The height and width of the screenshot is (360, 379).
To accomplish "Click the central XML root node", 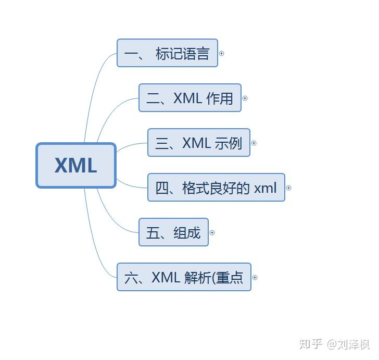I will click(76, 165).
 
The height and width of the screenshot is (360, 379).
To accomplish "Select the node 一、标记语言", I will click(167, 53).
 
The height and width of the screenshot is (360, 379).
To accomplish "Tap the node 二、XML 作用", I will click(189, 98).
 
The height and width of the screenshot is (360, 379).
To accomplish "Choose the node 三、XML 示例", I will click(198, 143).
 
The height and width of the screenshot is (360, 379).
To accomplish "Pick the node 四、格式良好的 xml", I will click(216, 188).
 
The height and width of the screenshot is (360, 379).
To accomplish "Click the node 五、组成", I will click(173, 232).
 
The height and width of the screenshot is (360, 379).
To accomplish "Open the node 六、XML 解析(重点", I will click(184, 277).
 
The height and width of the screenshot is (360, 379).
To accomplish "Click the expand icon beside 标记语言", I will click(222, 53).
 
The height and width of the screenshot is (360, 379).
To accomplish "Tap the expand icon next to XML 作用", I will click(245, 98).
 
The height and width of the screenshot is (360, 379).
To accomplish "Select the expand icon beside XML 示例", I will click(254, 143).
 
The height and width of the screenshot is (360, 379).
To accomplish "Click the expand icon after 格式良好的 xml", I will click(289, 188).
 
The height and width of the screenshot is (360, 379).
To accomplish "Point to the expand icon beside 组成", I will click(212, 232).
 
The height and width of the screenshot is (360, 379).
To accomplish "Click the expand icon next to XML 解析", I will click(255, 277).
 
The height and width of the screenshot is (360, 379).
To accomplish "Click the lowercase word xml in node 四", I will click(266, 188).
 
